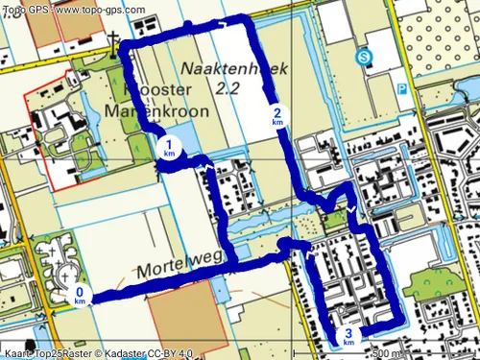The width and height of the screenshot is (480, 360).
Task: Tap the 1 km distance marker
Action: click(x=169, y=148)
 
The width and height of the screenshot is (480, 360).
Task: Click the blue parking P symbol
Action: click(x=402, y=87)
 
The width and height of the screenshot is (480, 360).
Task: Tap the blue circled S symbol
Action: click(x=364, y=58)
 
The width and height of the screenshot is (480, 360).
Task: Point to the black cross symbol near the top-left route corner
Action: click(x=114, y=41)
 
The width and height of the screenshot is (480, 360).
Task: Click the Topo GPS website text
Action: click(x=74, y=9)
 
